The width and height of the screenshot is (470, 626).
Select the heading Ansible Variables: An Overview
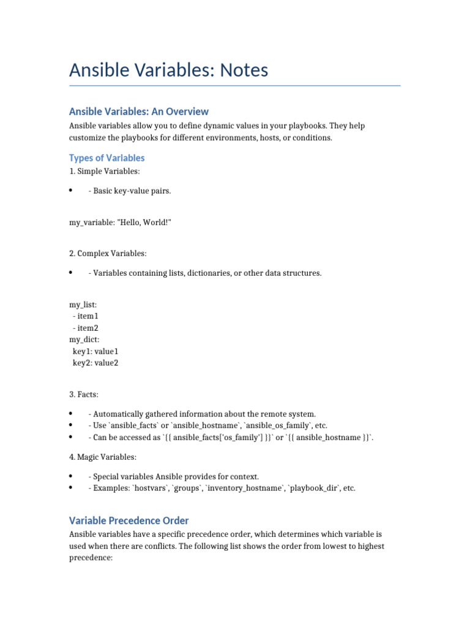(x=139, y=111)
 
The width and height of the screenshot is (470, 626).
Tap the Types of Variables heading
(x=107, y=158)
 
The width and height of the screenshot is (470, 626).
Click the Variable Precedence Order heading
(x=129, y=520)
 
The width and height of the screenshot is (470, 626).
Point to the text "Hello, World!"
(x=143, y=223)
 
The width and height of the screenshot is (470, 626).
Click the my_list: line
(x=83, y=304)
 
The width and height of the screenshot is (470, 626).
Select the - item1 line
(x=85, y=316)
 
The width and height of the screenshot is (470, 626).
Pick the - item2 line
(x=85, y=328)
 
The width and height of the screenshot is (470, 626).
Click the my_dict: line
(x=84, y=339)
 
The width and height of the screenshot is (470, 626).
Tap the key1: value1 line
(x=95, y=351)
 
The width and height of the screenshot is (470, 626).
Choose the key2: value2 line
(x=95, y=363)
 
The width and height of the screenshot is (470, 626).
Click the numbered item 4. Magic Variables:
(x=103, y=457)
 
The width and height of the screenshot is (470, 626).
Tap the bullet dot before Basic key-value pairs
(x=72, y=191)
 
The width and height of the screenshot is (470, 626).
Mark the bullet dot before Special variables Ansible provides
(x=72, y=476)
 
